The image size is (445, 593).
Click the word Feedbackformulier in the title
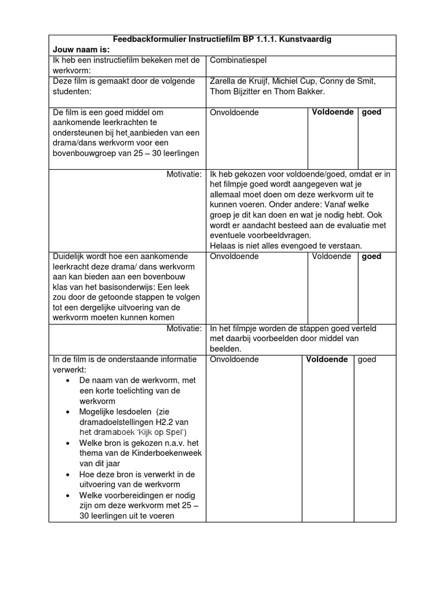coord(149,39)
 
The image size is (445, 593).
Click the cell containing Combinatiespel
coord(238,60)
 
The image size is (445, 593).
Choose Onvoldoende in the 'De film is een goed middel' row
coord(234,112)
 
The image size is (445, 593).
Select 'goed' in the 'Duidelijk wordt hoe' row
coord(371,256)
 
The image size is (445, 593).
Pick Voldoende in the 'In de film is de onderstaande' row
coord(327,359)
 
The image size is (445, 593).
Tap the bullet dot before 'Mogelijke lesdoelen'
coord(68,411)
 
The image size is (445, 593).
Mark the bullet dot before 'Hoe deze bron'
coord(68,474)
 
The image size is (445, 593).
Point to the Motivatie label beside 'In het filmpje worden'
coord(184,328)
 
